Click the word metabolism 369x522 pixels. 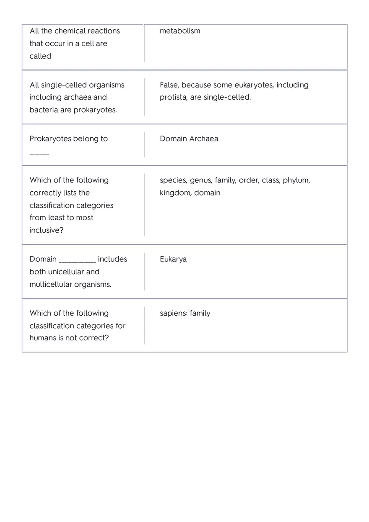[180, 31]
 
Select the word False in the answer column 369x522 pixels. [169, 85]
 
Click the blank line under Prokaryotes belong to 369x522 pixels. [39, 154]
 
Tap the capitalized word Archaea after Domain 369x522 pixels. [203, 139]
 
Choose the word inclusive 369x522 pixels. [46, 230]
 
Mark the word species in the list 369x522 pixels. [173, 180]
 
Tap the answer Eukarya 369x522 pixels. [173, 259]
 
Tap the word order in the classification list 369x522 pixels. [248, 180]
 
